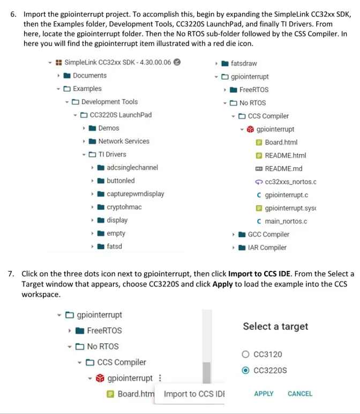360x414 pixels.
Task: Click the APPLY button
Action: [x=264, y=394]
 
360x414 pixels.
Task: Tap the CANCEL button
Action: [x=300, y=394]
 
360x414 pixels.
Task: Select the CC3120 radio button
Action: [x=246, y=354]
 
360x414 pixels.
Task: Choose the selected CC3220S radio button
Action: [x=246, y=370]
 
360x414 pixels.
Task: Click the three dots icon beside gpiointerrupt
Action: [x=159, y=379]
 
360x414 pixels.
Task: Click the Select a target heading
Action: [x=275, y=326]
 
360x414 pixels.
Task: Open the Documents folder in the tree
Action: [x=89, y=76]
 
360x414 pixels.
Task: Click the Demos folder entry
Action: [x=108, y=128]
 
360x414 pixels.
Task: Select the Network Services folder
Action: [x=123, y=141]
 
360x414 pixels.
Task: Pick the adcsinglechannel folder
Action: [x=132, y=168]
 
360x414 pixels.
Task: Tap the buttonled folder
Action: [x=120, y=180]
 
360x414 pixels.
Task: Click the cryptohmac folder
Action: [x=124, y=207]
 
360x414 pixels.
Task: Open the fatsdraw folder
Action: [x=243, y=63]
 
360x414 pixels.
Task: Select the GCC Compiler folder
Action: [x=268, y=235]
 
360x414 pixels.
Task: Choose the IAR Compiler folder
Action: [x=267, y=247]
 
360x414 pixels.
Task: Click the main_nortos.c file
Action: [x=286, y=221]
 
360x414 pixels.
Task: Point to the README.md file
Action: [x=283, y=169]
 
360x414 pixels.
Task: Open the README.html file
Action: [x=285, y=156]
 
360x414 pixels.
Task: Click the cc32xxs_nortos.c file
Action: [x=290, y=182]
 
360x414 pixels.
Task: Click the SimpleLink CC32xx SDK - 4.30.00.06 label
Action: [x=117, y=62]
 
